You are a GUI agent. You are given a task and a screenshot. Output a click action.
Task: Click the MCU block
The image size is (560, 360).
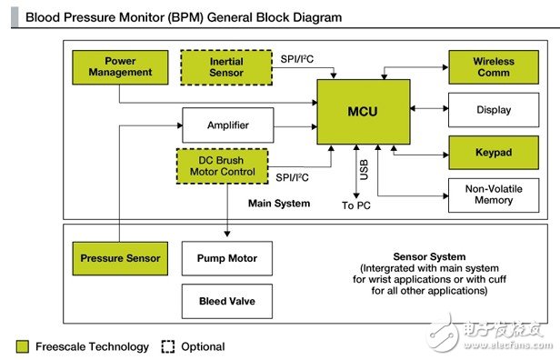(x=364, y=112)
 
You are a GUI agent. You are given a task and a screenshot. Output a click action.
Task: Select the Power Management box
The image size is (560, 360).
(x=120, y=67)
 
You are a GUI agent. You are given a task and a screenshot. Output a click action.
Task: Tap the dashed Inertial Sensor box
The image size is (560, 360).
(x=226, y=67)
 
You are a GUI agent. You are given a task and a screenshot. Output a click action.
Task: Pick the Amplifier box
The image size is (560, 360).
(x=228, y=125)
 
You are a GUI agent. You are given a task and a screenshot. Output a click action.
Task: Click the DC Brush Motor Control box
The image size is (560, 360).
(x=222, y=166)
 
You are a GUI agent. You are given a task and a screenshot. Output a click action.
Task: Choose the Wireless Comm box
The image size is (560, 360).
(x=494, y=67)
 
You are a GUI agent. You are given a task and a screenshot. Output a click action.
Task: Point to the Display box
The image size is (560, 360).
(x=494, y=110)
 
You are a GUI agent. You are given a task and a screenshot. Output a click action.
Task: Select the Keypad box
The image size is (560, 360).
(x=494, y=153)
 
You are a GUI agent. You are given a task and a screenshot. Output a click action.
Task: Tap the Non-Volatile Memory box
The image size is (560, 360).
(x=494, y=195)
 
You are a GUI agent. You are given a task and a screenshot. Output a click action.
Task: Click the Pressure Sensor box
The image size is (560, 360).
(x=120, y=258)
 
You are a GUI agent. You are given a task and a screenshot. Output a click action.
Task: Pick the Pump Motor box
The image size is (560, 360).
(x=227, y=258)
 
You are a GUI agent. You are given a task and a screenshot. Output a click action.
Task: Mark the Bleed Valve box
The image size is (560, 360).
(x=227, y=301)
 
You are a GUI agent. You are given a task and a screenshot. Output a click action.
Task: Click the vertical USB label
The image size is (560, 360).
(x=364, y=170)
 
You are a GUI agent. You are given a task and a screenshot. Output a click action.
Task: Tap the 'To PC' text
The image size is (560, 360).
(x=356, y=205)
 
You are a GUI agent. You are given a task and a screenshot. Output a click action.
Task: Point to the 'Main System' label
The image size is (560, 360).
(x=279, y=204)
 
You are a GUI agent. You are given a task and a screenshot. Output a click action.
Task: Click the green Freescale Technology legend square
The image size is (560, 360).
(x=23, y=346)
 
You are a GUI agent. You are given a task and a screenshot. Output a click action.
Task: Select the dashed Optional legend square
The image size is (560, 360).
(x=168, y=346)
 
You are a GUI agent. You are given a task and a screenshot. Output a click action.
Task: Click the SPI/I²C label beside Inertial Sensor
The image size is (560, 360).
(x=296, y=59)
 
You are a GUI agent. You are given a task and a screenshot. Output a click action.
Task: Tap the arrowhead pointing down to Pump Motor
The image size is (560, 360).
(x=227, y=234)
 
